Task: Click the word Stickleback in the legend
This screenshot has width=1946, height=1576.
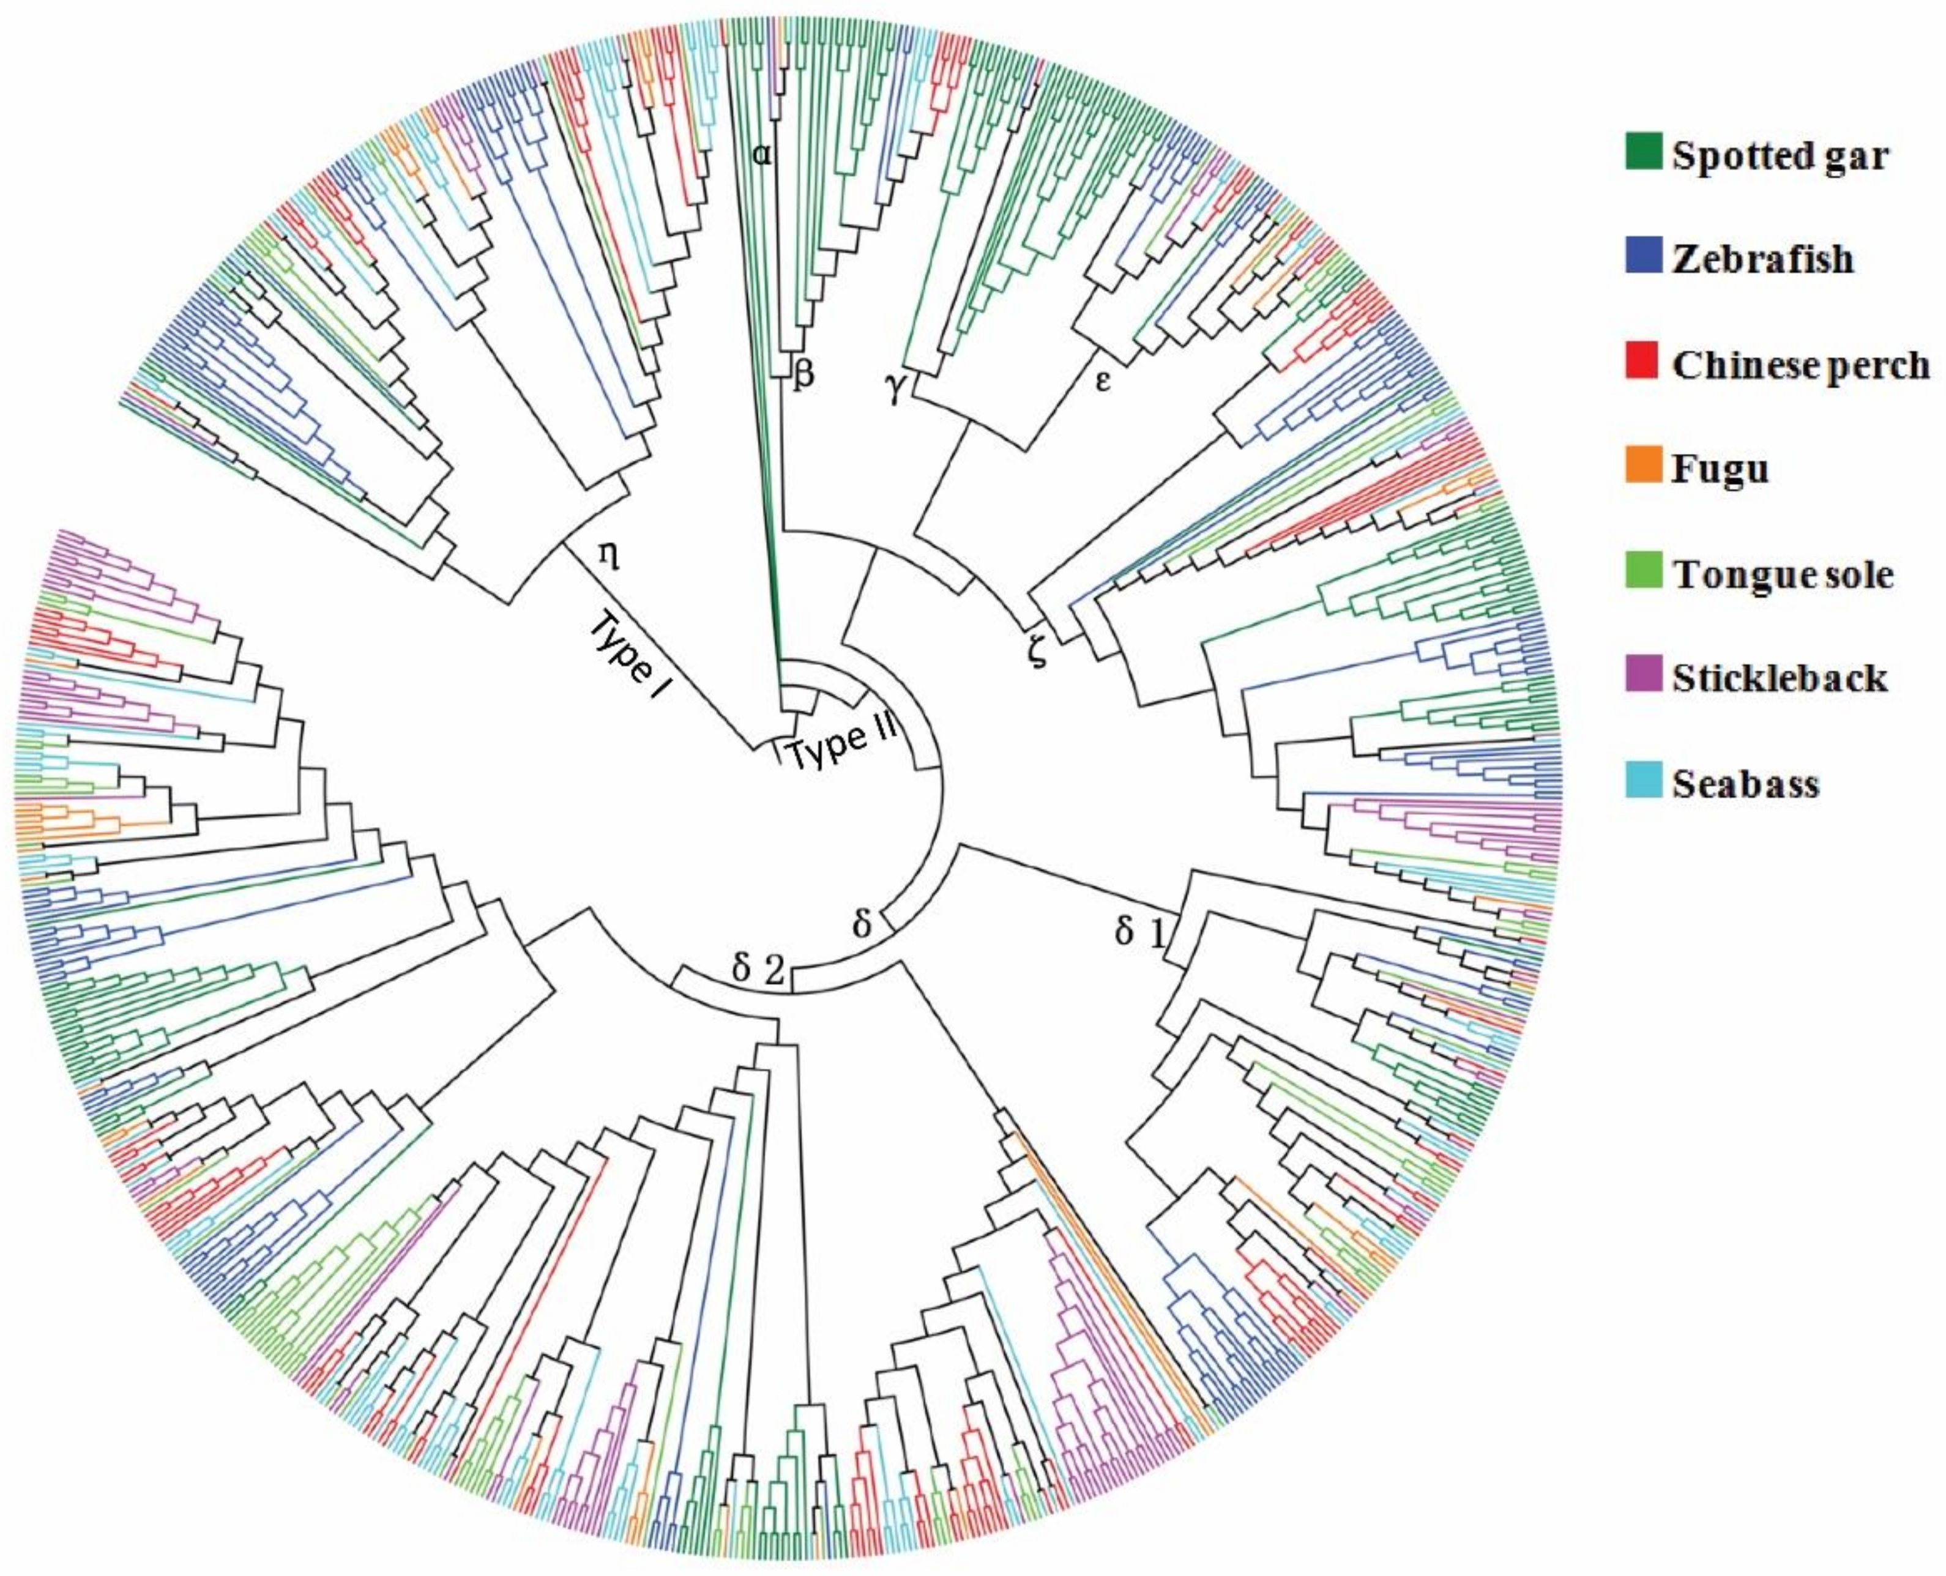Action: pyautogui.click(x=1779, y=678)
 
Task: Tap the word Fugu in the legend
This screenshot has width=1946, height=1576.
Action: pyautogui.click(x=1720, y=469)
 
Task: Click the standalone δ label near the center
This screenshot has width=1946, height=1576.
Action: pyautogui.click(x=862, y=924)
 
